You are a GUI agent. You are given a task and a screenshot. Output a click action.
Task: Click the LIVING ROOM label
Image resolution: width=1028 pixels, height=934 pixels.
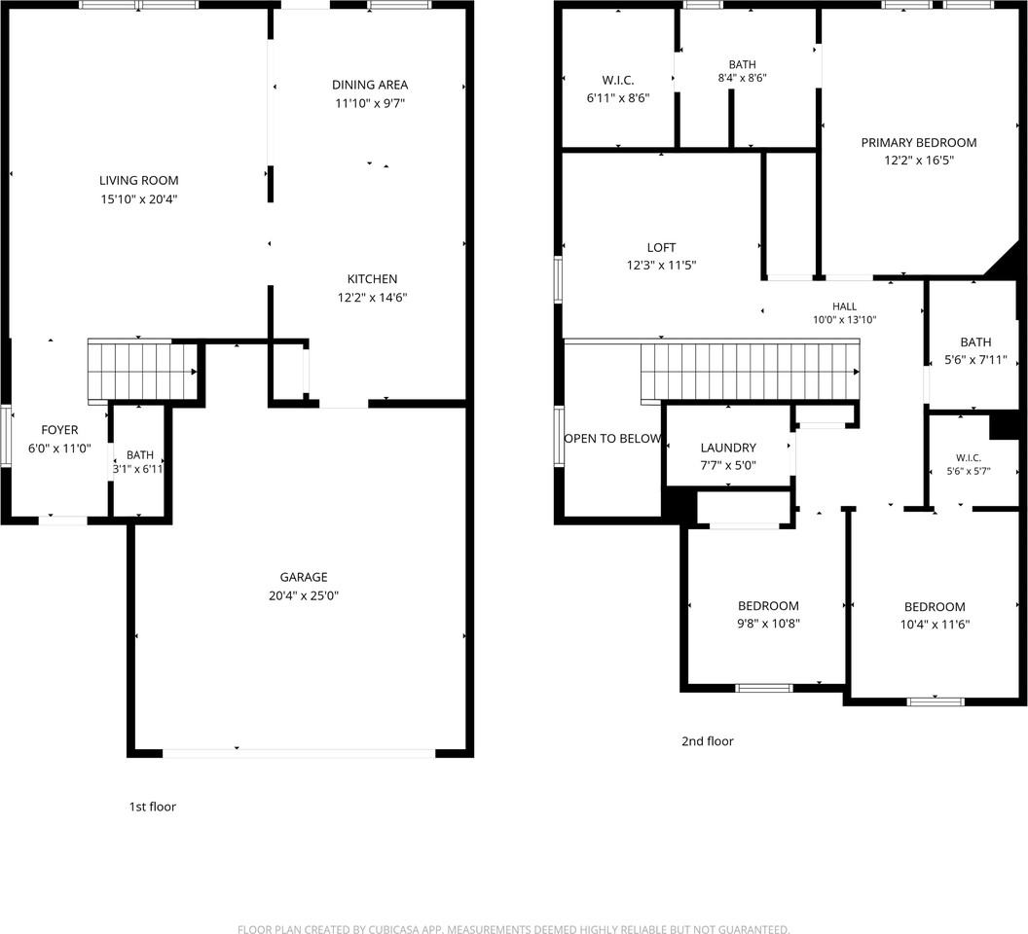138,180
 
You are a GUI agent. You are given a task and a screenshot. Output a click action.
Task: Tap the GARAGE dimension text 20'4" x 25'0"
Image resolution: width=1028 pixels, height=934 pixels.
304,595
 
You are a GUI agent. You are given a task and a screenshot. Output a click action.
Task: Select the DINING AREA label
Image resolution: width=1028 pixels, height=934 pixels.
370,85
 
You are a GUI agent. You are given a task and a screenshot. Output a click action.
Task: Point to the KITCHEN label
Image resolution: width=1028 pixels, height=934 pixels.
372,278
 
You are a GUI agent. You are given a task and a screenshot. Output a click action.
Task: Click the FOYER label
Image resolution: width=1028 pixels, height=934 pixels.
59,430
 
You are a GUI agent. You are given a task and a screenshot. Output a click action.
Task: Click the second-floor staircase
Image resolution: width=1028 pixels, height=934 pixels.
750,371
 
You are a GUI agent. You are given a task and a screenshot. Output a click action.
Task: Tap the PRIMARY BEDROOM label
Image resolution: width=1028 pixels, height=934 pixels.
919,142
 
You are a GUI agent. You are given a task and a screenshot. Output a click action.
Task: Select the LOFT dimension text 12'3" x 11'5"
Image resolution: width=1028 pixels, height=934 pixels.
661,266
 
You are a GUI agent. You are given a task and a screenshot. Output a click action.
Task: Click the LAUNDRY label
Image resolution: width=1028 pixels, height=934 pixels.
728,448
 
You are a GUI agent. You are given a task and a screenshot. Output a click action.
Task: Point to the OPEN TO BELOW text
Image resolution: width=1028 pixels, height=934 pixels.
612,439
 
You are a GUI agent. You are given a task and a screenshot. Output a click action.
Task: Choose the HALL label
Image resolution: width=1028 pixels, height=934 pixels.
844,306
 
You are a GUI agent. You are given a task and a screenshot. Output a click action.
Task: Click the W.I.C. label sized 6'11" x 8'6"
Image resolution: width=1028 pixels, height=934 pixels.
617,80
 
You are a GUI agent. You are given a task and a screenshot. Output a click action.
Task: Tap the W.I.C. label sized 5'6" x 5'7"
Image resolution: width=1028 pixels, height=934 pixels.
969,458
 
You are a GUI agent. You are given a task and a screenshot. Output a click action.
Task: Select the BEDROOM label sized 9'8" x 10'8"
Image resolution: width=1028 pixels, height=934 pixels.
768,605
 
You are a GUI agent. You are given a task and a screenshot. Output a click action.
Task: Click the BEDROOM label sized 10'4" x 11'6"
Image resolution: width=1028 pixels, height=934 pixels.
935,607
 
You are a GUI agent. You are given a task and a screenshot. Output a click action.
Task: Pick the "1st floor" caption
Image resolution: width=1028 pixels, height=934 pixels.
152,807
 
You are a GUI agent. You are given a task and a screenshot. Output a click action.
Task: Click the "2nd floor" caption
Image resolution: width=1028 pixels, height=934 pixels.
708,741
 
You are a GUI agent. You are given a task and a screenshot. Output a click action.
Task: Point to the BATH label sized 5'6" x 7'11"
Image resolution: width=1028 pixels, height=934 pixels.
975,342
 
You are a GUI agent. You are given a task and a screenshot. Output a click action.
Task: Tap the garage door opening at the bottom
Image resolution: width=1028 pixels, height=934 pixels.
298,753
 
